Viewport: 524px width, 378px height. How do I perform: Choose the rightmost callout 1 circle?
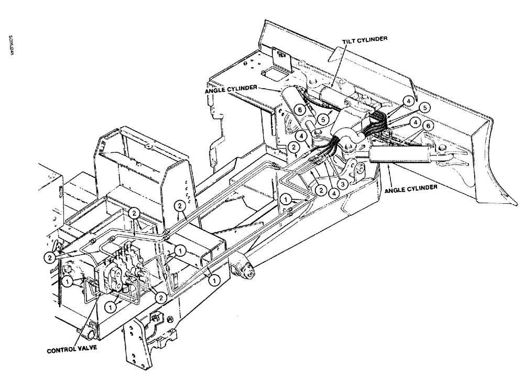(285, 199)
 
